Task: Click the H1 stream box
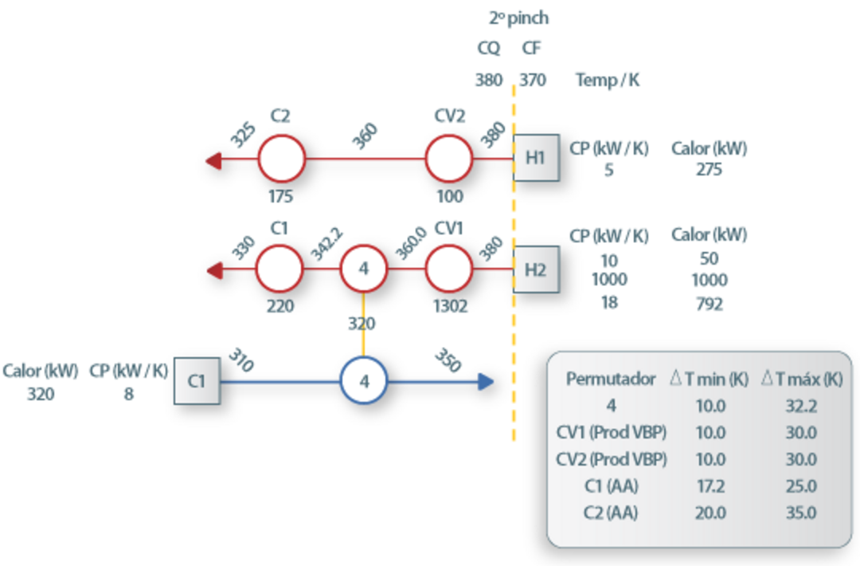pyautogui.click(x=536, y=158)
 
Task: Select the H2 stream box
pyautogui.click(x=536, y=269)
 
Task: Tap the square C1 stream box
pyautogui.click(x=197, y=382)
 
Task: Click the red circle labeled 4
pyautogui.click(x=364, y=269)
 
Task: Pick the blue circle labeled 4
pyautogui.click(x=364, y=382)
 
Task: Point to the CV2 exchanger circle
pyautogui.click(x=449, y=158)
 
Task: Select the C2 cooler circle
pyautogui.click(x=281, y=158)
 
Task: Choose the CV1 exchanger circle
pyautogui.click(x=449, y=269)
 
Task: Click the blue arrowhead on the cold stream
pyautogui.click(x=486, y=382)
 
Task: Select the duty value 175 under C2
pyautogui.click(x=280, y=196)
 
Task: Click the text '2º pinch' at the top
pyautogui.click(x=518, y=18)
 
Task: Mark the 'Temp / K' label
pyautogui.click(x=608, y=81)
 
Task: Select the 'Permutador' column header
pyautogui.click(x=611, y=379)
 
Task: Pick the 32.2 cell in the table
pyautogui.click(x=800, y=406)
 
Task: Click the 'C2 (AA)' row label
pyautogui.click(x=611, y=513)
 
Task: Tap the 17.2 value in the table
pyautogui.click(x=710, y=486)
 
